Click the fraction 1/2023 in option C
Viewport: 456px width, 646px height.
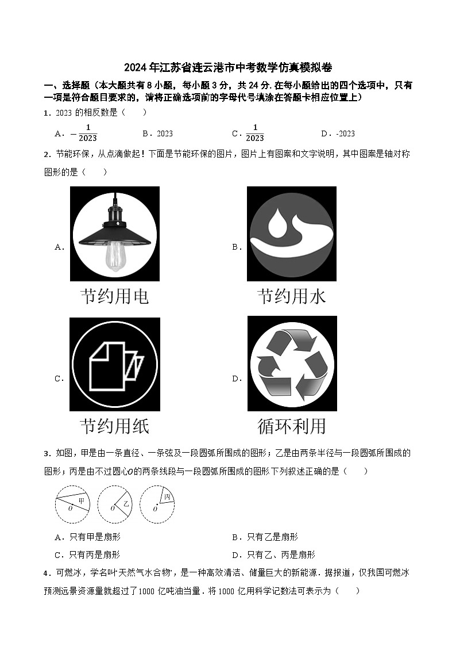pyautogui.click(x=254, y=133)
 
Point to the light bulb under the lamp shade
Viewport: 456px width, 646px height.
pyautogui.click(x=115, y=255)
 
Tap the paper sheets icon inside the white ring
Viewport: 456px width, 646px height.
pyautogui.click(x=115, y=363)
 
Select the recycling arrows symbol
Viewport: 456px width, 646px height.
pyautogui.click(x=292, y=363)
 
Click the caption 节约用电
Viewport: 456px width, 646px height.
pyautogui.click(x=115, y=296)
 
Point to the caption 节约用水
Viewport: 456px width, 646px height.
pyautogui.click(x=292, y=296)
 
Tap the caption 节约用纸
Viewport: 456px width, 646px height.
pyautogui.click(x=115, y=426)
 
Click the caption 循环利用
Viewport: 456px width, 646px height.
pyautogui.click(x=292, y=426)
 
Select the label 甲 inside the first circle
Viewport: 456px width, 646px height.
pyautogui.click(x=82, y=501)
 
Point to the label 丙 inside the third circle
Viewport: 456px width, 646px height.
pyautogui.click(x=167, y=496)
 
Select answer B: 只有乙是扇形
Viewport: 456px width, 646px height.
pyautogui.click(x=272, y=537)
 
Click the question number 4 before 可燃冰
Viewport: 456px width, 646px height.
pyautogui.click(x=46, y=573)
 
